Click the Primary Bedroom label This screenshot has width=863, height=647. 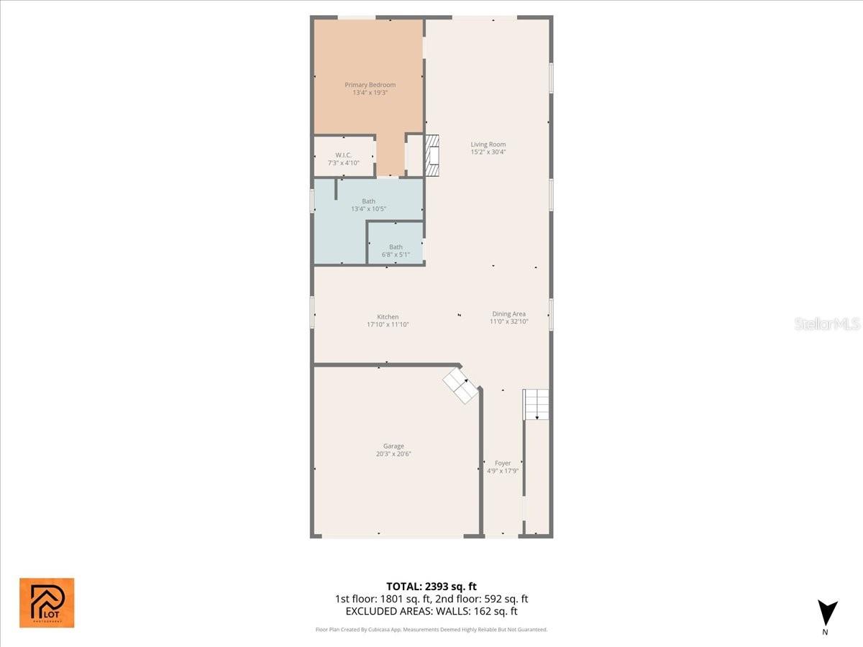point(370,85)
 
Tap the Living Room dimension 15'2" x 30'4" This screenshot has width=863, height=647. point(488,152)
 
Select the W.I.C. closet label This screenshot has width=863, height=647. point(343,155)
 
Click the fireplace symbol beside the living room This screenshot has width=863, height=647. point(431,155)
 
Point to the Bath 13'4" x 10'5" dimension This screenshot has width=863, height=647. point(368,209)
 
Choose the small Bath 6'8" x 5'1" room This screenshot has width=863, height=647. point(396,247)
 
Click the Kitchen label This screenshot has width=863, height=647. point(388,317)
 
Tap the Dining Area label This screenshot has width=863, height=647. point(508,313)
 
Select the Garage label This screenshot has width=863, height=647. point(393,446)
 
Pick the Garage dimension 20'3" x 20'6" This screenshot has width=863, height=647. point(393,454)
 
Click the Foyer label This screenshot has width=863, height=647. point(502,463)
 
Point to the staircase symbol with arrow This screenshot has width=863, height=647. point(536,404)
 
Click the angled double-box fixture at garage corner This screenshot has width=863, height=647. point(460,385)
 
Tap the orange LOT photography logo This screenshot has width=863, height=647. point(47,602)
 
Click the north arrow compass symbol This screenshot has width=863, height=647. point(828,613)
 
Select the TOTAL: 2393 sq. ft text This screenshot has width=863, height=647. point(431,587)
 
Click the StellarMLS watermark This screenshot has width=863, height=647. point(827,323)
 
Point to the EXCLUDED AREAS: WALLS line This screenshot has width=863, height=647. point(431,612)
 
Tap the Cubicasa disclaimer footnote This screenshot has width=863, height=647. point(431,630)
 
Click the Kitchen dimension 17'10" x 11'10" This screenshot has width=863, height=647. point(388,325)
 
